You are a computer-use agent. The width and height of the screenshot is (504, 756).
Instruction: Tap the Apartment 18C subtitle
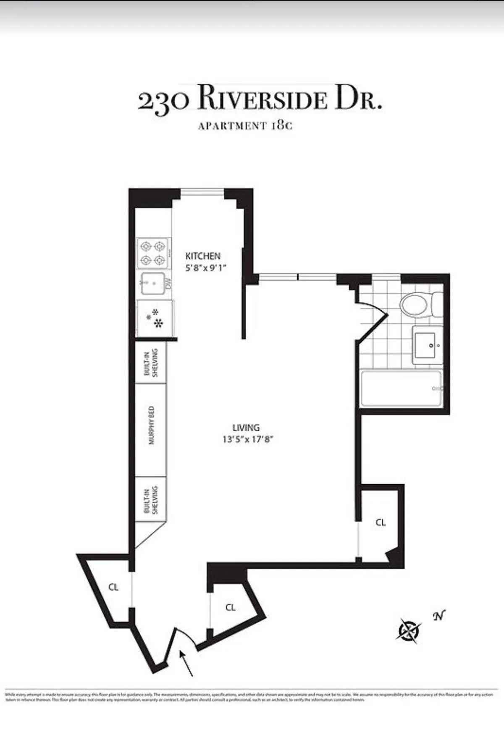(x=245, y=126)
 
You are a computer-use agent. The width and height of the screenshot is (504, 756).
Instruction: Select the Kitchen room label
(x=203, y=256)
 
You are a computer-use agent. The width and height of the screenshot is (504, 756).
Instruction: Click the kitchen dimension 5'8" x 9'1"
(x=206, y=268)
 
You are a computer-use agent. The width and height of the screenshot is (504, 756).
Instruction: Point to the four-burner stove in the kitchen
(x=153, y=253)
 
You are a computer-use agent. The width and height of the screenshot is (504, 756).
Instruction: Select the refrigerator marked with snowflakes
(x=155, y=318)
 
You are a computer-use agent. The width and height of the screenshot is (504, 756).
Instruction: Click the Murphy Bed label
(x=152, y=425)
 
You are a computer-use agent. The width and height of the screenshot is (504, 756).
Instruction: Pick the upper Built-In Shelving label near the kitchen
(x=151, y=362)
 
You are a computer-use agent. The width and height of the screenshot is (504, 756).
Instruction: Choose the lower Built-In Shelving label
(x=151, y=500)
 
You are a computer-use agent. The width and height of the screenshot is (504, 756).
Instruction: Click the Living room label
(x=246, y=428)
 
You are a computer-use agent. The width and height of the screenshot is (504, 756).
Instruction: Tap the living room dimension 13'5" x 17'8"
(x=248, y=440)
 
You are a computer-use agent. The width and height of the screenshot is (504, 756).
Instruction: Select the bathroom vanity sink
(x=428, y=345)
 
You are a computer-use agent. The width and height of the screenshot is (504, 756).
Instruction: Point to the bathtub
(x=401, y=388)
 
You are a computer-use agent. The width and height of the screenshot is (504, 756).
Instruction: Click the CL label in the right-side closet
(x=381, y=522)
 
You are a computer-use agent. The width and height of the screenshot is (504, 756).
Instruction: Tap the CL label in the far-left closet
(x=113, y=587)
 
